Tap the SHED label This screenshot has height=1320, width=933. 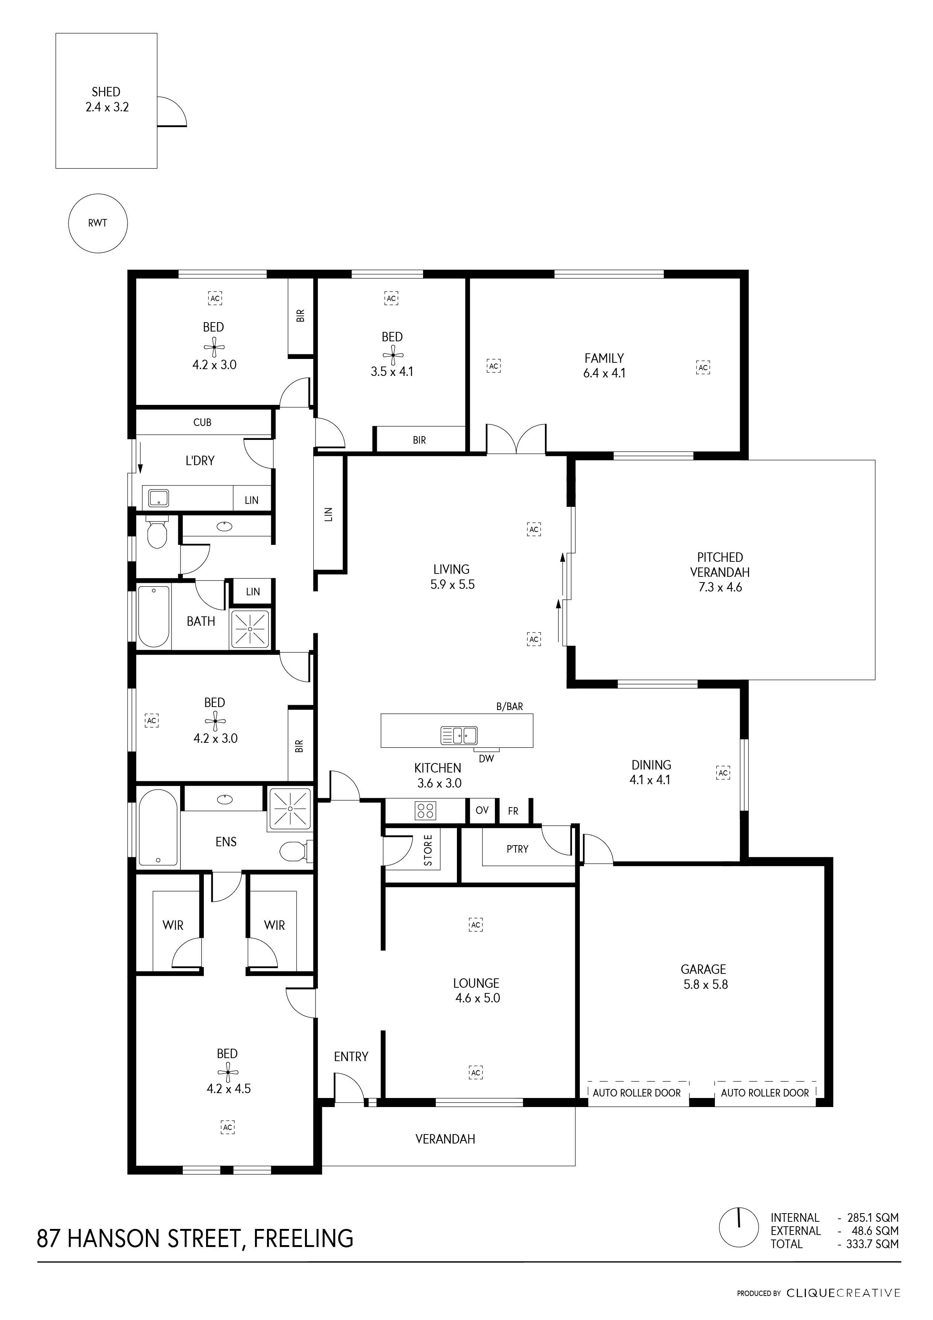106,91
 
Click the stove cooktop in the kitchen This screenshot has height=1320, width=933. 425,811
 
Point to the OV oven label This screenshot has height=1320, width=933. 482,810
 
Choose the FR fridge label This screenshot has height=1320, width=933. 513,811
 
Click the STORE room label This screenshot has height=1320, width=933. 428,850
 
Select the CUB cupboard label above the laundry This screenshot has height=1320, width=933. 202,423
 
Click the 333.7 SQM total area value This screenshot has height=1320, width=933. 872,1244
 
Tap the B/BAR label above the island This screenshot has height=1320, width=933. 510,707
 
